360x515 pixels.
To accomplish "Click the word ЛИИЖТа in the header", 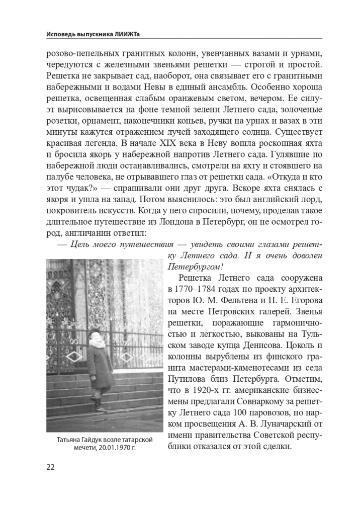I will pyautogui.click(x=127, y=34).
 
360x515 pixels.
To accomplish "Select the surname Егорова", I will pyautogui.click(x=300, y=301).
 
